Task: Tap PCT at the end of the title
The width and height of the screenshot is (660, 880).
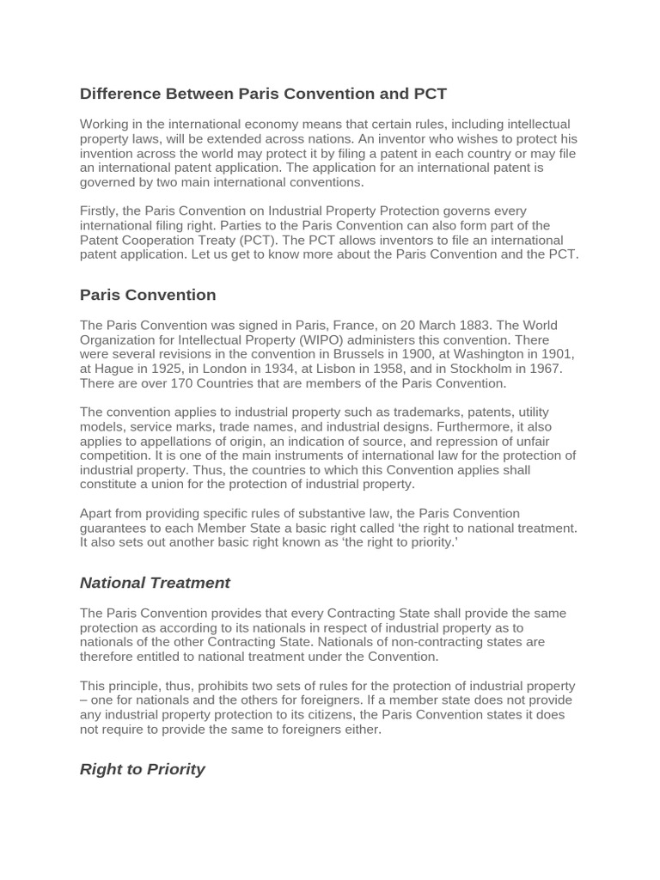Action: pos(430,93)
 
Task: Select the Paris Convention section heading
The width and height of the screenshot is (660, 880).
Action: pos(148,295)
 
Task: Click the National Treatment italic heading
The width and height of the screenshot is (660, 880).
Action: pos(155,583)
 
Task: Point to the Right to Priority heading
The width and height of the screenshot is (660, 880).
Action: pos(142,769)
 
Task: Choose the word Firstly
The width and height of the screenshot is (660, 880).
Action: pos(101,211)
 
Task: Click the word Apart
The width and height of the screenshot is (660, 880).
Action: pos(97,514)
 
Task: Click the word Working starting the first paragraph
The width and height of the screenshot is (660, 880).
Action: pos(106,125)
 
